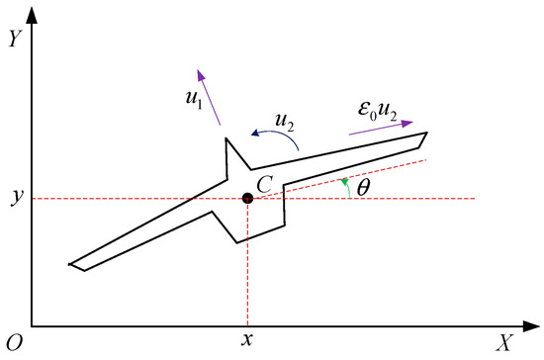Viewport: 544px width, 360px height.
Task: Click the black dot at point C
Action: pyautogui.click(x=247, y=199)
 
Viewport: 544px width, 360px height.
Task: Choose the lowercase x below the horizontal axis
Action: pyautogui.click(x=247, y=341)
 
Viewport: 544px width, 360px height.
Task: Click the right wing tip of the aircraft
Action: pyautogui.click(x=426, y=134)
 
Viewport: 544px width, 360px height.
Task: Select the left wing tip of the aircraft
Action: pyautogui.click(x=71, y=264)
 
